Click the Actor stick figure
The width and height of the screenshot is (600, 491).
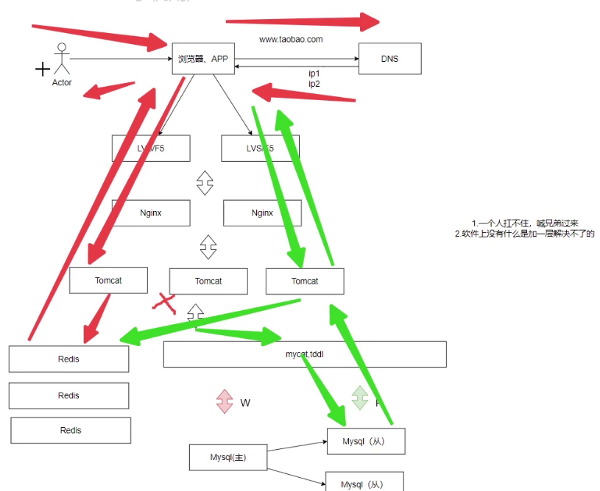tap(62, 60)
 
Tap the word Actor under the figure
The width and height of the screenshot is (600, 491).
tap(62, 83)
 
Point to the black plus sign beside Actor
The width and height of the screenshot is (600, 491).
tap(43, 69)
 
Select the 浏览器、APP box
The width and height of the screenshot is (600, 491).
tap(203, 59)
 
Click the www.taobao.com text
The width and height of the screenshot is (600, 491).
tap(291, 40)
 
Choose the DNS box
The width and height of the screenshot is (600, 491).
tap(389, 59)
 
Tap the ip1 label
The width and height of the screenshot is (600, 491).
tap(314, 74)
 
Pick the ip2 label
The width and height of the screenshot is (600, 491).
tap(314, 84)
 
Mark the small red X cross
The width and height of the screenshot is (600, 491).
tap(164, 301)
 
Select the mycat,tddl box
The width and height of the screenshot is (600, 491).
tap(305, 354)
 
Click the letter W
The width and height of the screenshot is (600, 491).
tap(245, 403)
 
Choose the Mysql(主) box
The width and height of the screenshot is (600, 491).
tap(227, 457)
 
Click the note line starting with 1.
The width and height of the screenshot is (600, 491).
tap(524, 223)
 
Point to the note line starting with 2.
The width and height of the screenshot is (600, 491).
tap(524, 234)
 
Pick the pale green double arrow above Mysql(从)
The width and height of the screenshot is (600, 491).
tap(359, 398)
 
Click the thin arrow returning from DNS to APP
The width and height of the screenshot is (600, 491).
tap(294, 67)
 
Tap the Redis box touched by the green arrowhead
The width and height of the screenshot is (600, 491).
tap(68, 359)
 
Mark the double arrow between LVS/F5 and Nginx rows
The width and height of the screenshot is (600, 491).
tap(205, 183)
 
